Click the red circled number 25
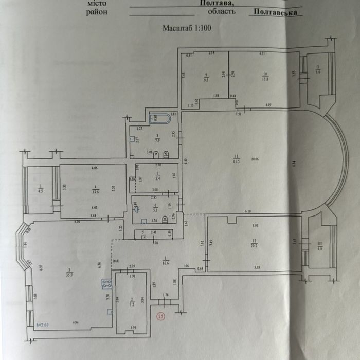pos(161,316)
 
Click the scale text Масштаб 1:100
pos(186,28)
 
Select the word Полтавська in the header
pos(275,12)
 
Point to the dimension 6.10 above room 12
pos(247,211)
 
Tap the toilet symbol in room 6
pos(165,219)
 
